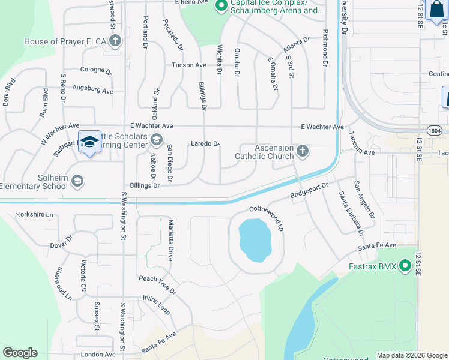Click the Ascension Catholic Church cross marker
[x=303, y=152]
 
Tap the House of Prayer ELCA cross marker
[x=115, y=41]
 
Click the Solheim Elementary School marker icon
[x=77, y=181]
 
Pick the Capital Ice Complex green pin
[x=221, y=6]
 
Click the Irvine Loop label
[x=157, y=305]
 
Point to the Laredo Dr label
[x=205, y=144]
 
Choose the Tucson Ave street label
[x=189, y=65]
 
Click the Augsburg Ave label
[x=92, y=91]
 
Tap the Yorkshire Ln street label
[x=34, y=214]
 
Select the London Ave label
[x=98, y=355]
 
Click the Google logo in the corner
[x=20, y=353]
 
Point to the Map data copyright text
[x=412, y=355]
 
